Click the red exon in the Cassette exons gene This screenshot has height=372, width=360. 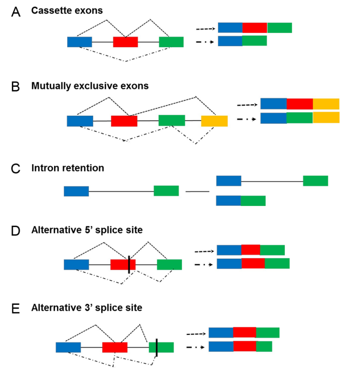click(125, 42)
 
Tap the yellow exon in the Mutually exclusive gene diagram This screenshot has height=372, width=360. click(214, 121)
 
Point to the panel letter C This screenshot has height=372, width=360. click(16, 169)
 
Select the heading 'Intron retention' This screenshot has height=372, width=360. click(67, 168)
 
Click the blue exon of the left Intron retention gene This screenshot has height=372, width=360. click(76, 191)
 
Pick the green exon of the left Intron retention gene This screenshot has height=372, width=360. click(166, 190)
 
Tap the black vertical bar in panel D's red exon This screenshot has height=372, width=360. click(129, 264)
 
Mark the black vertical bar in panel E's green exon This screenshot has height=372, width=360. click(157, 347)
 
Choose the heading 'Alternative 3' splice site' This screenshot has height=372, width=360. click(86, 307)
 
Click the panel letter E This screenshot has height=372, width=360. click(16, 309)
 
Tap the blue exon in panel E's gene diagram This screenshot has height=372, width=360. click(68, 347)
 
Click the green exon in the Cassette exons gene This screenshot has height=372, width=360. click(171, 42)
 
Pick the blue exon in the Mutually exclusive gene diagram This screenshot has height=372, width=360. click(80, 121)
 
